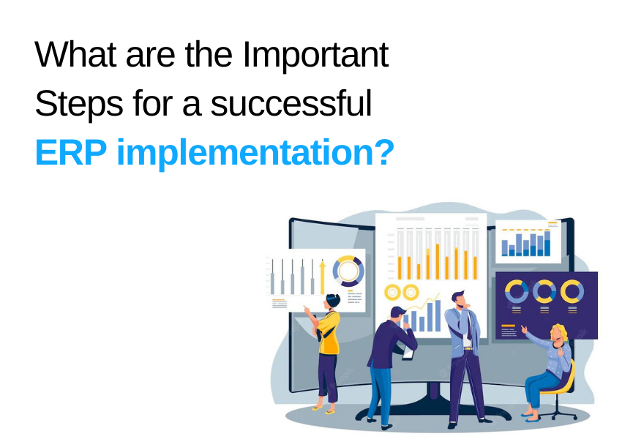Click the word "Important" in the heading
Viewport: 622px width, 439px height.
315,56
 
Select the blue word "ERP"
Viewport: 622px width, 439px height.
71,152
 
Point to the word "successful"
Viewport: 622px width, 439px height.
291,103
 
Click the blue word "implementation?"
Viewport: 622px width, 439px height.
255,154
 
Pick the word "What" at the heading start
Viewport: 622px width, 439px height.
75,55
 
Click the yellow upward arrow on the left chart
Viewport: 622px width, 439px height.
323,277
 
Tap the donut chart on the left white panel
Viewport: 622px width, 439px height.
348,271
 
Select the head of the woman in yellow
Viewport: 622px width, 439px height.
332,301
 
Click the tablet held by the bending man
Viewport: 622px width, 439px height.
408,353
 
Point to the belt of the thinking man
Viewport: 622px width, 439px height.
468,348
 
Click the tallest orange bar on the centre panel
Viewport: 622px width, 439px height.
438,262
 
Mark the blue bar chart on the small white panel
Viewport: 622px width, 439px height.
526,244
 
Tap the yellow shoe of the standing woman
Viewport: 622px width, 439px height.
317,408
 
